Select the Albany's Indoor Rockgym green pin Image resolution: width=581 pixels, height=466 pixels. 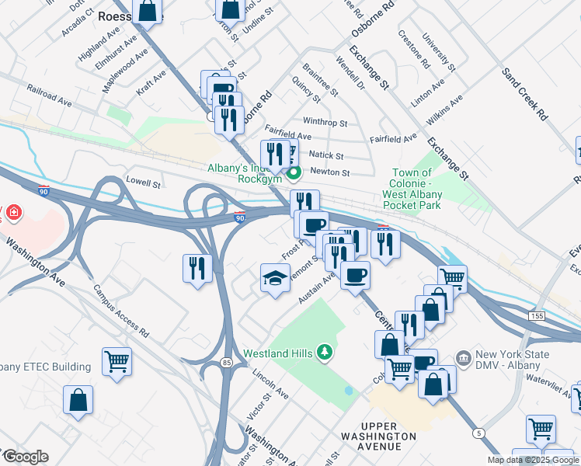coord(293,172)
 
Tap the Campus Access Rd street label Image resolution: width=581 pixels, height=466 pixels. coord(120,309)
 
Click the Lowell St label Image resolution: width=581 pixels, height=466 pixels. coord(143,185)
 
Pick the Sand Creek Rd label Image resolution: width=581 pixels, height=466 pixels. coord(525,92)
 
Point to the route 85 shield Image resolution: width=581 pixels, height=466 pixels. coord(226,363)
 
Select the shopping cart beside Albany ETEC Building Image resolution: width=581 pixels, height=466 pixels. coord(117,360)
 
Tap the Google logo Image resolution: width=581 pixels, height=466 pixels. coord(26,457)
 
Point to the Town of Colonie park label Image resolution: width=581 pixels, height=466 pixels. coord(412,189)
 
